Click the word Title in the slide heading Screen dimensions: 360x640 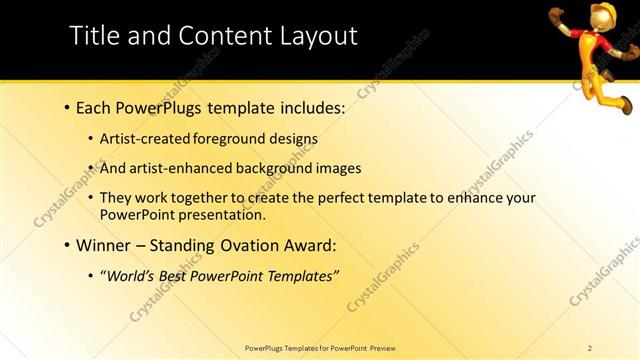93,36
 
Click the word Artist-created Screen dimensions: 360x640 146,139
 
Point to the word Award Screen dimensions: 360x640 307,245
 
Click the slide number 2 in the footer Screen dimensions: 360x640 589,348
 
